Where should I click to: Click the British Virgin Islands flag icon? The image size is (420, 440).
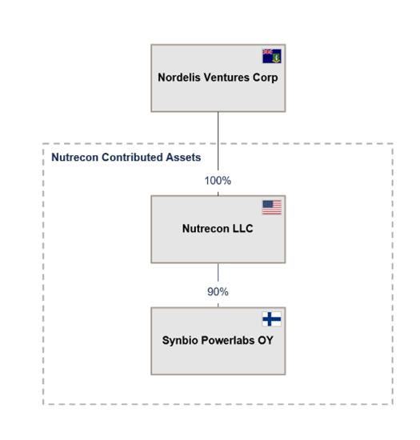tap(271, 56)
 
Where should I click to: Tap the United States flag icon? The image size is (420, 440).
tap(271, 207)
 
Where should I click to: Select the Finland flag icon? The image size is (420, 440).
tap(271, 319)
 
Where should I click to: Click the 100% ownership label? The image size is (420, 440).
tap(218, 181)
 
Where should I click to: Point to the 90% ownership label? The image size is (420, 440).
tap(218, 292)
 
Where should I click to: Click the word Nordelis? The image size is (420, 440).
tap(179, 78)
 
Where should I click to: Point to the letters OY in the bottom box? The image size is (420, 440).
tap(265, 340)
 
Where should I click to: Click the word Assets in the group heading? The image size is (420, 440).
tap(183, 157)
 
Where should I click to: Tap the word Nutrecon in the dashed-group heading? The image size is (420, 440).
tap(75, 157)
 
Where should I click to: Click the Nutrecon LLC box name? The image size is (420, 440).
tap(218, 229)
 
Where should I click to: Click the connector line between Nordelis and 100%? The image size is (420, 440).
tap(218, 141)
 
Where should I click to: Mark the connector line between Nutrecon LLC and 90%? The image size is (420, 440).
tap(218, 273)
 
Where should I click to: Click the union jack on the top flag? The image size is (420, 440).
tap(267, 52)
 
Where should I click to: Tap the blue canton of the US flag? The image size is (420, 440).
tap(267, 204)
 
